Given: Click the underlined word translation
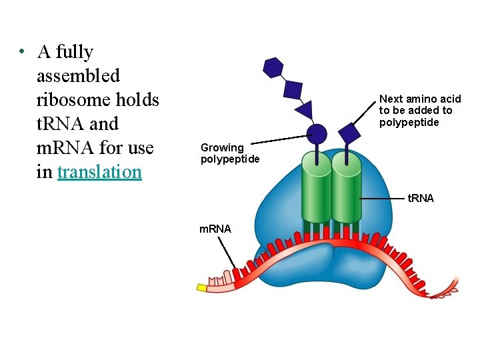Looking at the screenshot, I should [x=99, y=172].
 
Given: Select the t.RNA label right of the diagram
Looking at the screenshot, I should [x=421, y=198].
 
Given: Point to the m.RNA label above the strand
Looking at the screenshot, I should [x=215, y=229].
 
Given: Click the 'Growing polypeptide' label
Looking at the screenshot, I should [x=230, y=153].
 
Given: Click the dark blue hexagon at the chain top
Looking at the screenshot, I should [x=273, y=67].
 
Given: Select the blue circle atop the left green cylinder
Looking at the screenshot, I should [x=316, y=134].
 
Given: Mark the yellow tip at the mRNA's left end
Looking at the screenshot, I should [x=202, y=287].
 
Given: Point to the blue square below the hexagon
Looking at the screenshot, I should [x=293, y=88].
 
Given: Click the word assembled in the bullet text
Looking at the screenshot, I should [x=78, y=76].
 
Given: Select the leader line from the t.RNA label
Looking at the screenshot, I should [x=383, y=198].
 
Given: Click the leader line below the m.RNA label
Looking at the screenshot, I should [x=226, y=253].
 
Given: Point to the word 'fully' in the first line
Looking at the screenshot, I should [x=75, y=52].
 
